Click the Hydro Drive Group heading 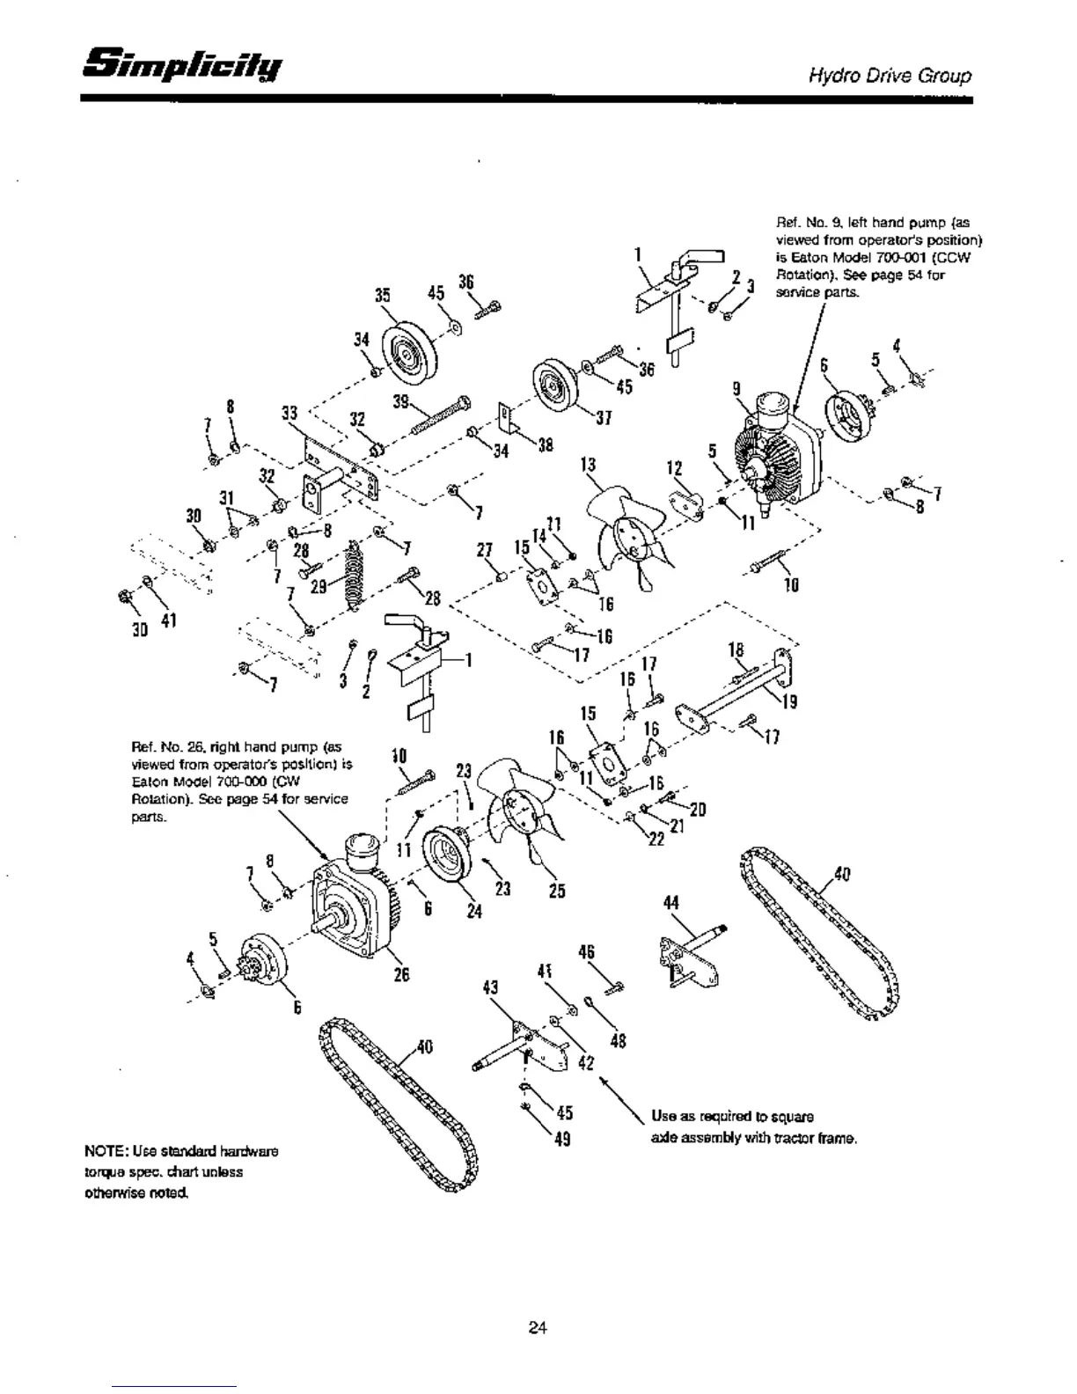click(890, 76)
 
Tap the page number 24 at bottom click(538, 1328)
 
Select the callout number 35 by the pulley click(383, 296)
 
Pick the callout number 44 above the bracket click(671, 904)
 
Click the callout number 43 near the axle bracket click(491, 988)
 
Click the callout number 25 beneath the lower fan click(557, 891)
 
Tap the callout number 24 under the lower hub click(474, 912)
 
